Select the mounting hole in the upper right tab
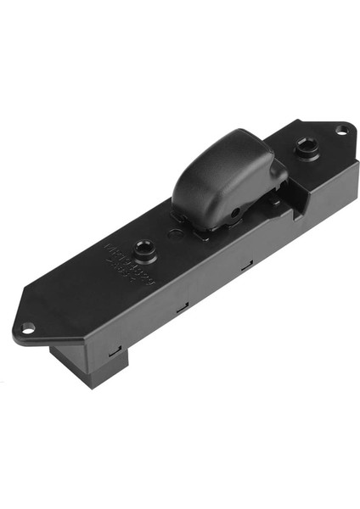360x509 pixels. pos(341,130)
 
